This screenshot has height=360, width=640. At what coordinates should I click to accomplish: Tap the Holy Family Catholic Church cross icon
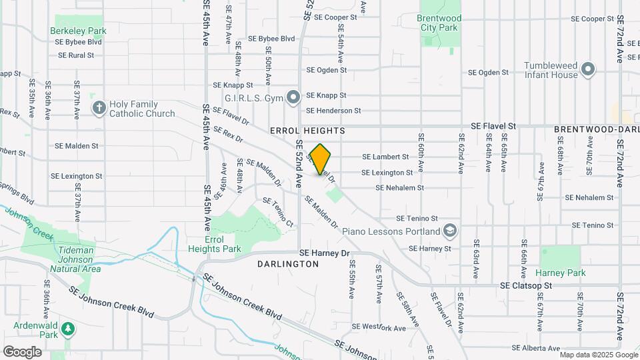99,108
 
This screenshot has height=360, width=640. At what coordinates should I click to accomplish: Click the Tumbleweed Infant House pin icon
588,69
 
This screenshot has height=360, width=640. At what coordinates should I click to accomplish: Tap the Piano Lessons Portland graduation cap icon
450,231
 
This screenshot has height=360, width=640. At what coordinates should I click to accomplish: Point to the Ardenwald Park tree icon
67,329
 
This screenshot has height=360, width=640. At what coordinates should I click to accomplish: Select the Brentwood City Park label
439,23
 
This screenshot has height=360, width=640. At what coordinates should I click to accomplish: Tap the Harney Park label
560,273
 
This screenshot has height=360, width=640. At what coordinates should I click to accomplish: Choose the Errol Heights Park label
223,244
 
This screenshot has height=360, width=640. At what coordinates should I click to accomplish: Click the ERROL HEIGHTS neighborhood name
307,131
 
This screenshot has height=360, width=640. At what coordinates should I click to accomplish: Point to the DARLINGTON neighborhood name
288,264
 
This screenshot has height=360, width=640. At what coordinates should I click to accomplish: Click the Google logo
22,351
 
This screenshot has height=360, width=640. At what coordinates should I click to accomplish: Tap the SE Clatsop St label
527,285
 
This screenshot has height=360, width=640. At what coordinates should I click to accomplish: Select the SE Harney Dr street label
325,253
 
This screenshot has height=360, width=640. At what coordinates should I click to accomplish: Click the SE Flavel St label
493,125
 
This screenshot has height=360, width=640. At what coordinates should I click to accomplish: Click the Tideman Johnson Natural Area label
75,259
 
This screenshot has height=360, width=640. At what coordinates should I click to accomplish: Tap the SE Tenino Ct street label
279,212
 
